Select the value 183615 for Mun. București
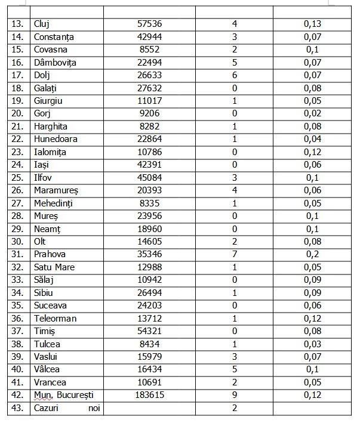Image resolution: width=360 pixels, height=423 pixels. pyautogui.click(x=149, y=395)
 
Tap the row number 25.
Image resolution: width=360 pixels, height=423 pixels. pyautogui.click(x=19, y=177)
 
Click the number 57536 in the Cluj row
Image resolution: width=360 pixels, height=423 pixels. pyautogui.click(x=149, y=24)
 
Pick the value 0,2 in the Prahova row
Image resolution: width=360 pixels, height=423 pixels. pyautogui.click(x=312, y=254)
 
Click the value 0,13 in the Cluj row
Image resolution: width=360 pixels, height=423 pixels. pyautogui.click(x=312, y=24)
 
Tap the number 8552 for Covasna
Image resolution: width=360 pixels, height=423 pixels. pyautogui.click(x=149, y=50)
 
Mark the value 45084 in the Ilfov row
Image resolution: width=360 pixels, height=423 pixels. pyautogui.click(x=149, y=177)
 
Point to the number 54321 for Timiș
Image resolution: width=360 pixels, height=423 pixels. pyautogui.click(x=149, y=331)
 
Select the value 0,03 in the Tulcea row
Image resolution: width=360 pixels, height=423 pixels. pyautogui.click(x=312, y=344)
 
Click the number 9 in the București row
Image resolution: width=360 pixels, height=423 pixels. pyautogui.click(x=235, y=395)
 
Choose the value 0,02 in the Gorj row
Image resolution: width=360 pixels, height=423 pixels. pyautogui.click(x=312, y=113)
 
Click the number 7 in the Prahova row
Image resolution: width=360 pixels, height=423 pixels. pyautogui.click(x=235, y=254)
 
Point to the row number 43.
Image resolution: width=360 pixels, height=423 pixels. pyautogui.click(x=19, y=408)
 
